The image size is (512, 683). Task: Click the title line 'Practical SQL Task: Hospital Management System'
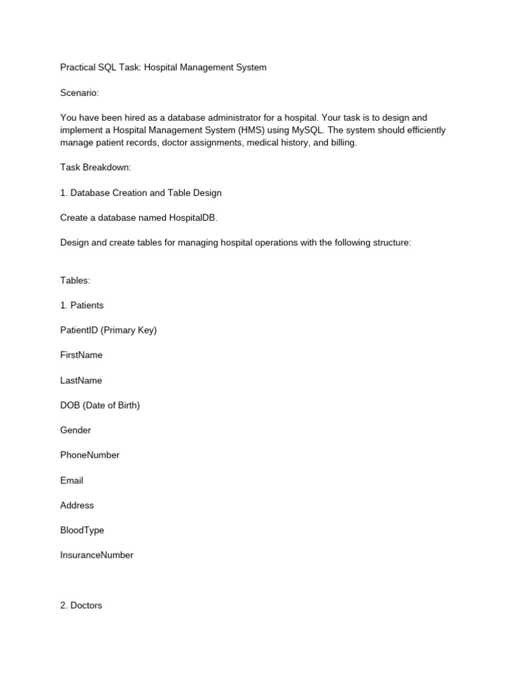(x=163, y=67)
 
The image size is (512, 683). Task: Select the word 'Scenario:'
(x=79, y=93)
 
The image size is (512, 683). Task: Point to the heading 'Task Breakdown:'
(x=95, y=167)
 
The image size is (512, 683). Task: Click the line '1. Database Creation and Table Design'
(x=141, y=193)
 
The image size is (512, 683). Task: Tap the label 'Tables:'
(x=75, y=280)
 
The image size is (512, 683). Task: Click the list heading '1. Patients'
(x=81, y=305)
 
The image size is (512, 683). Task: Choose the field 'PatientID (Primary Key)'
(x=108, y=330)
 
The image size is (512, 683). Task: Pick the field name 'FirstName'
(x=81, y=355)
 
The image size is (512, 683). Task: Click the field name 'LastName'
(x=81, y=380)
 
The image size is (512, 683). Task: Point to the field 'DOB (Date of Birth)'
(x=100, y=405)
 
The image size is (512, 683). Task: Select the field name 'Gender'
(x=75, y=430)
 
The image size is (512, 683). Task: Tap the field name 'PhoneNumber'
(x=89, y=455)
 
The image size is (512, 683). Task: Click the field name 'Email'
(x=71, y=480)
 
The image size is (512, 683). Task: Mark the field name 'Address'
(x=77, y=505)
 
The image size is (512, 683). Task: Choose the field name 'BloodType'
(x=82, y=530)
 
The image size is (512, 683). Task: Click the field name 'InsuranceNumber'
(x=97, y=555)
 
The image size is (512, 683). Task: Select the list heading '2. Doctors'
(x=81, y=606)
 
